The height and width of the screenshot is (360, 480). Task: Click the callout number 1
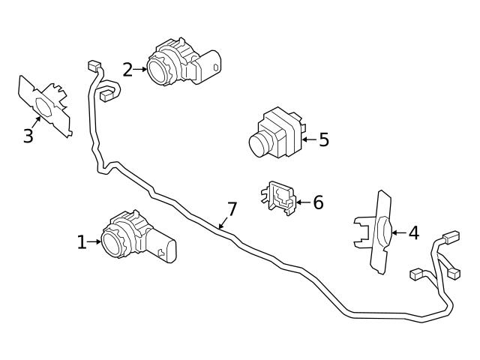click(82, 242)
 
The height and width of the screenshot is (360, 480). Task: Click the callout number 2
click(127, 70)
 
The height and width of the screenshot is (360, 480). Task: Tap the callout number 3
click(28, 136)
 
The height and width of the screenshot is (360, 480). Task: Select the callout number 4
click(413, 233)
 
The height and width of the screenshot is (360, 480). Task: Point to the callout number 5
click(323, 139)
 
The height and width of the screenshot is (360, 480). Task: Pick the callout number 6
click(317, 202)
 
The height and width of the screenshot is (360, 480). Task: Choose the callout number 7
click(232, 209)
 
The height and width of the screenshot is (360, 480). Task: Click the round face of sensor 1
click(115, 241)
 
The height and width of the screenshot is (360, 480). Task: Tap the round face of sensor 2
click(160, 70)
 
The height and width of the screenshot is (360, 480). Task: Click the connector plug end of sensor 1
click(170, 250)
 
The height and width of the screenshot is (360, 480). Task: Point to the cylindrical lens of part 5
click(260, 142)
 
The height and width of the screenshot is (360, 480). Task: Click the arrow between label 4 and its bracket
click(397, 233)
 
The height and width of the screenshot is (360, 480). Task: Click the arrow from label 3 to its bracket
click(37, 122)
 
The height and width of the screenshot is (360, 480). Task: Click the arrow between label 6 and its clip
click(302, 202)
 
